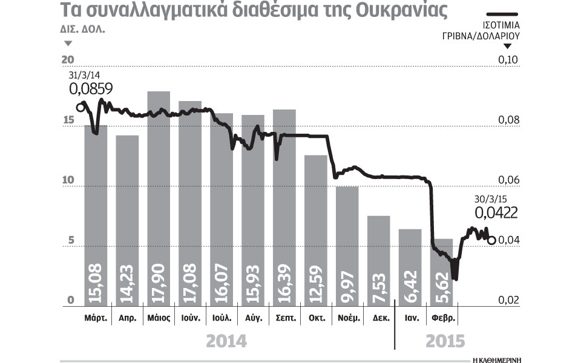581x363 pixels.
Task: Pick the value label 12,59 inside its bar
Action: click(316, 281)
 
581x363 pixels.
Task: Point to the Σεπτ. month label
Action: click(284, 318)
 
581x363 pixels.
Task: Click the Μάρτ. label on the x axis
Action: click(96, 318)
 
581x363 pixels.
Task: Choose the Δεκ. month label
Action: click(379, 318)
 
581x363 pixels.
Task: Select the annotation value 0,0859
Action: click(91, 91)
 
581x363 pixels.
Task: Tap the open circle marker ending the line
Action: click(491, 240)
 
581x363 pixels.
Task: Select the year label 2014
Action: click(226, 341)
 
